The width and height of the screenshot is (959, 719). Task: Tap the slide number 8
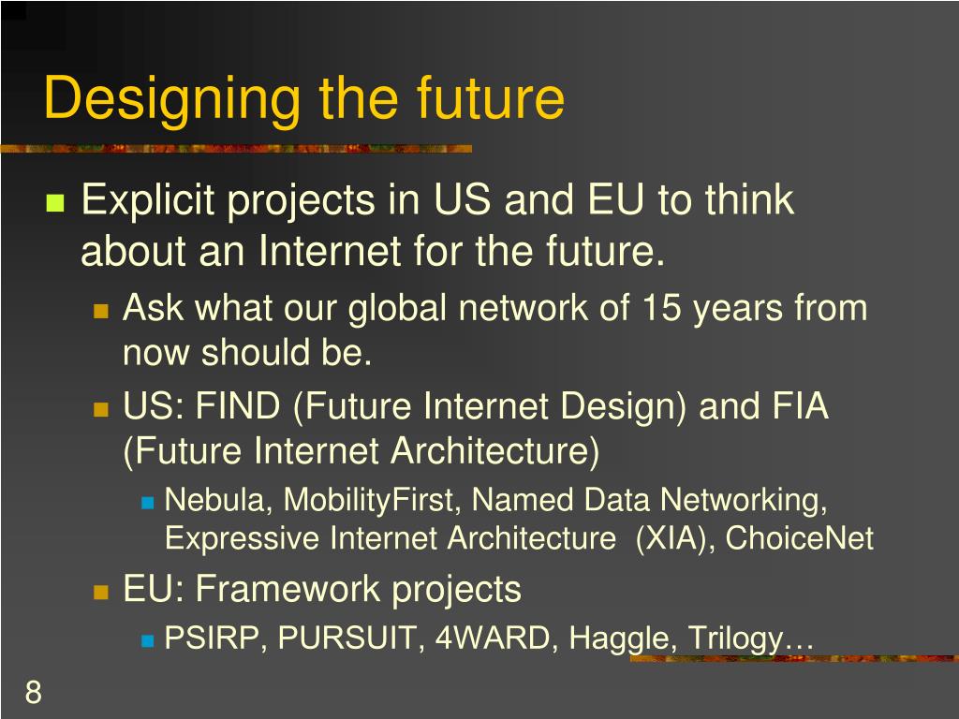(33, 694)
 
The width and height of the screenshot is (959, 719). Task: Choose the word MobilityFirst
(371, 501)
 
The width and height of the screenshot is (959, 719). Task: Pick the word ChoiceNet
(799, 539)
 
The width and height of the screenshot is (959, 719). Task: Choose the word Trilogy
(735, 640)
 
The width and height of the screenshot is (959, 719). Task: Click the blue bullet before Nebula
(147, 503)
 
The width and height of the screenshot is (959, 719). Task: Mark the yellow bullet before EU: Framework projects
(102, 592)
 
